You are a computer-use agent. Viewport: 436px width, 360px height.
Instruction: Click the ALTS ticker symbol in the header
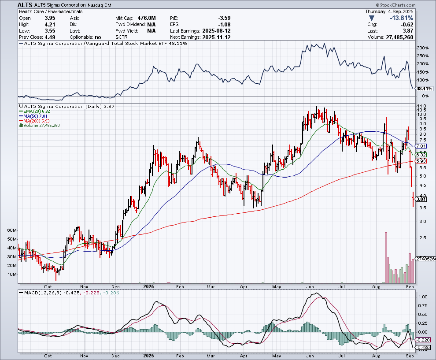coord(25,5)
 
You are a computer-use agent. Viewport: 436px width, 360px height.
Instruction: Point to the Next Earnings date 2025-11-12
coord(216,37)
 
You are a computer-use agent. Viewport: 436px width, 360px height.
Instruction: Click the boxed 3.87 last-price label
coord(421,199)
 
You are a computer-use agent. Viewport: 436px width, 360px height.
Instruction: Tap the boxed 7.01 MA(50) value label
coord(421,146)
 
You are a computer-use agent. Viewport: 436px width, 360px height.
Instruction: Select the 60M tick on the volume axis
coord(12,230)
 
